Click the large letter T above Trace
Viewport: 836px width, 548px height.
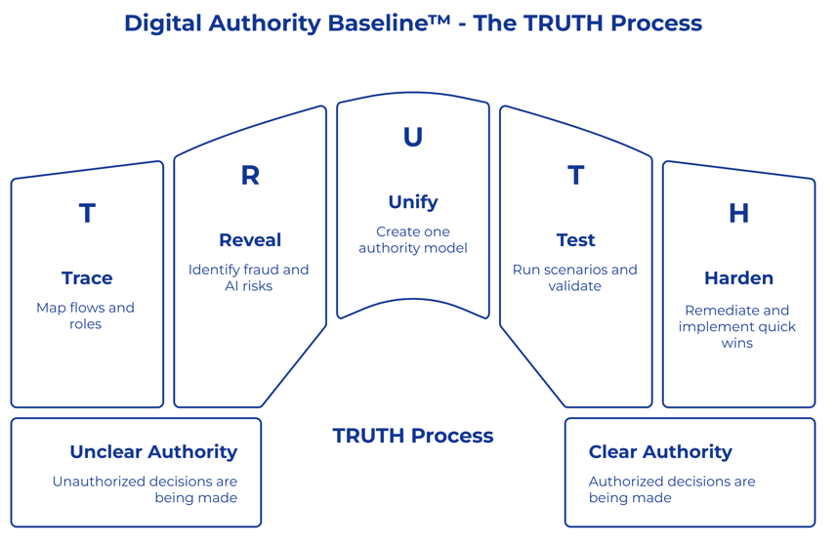pos(87,213)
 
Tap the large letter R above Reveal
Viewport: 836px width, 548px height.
pos(250,175)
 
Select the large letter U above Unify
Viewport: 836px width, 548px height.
pos(413,138)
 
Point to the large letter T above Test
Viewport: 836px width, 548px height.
pos(575,175)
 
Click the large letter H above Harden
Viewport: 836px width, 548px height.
pos(738,213)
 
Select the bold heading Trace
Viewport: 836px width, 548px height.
pos(87,278)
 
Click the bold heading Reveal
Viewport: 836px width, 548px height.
pos(250,240)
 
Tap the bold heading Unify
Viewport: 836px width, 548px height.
pos(413,202)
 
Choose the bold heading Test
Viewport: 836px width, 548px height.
pos(575,240)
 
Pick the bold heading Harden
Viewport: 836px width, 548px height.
pos(738,278)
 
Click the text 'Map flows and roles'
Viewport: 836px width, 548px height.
pos(86,316)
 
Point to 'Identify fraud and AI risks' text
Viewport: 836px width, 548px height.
pos(249,277)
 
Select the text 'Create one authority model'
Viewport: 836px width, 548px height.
pos(413,240)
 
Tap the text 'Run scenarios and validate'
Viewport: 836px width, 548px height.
pos(575,277)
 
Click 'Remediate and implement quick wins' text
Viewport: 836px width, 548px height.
pos(737,326)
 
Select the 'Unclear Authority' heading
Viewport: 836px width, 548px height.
pos(153,452)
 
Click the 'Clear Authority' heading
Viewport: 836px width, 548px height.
pos(660,452)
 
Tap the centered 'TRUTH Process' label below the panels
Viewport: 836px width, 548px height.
pos(413,436)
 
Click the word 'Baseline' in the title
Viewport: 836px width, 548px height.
pos(372,23)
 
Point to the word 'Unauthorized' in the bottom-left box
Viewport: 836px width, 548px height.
pos(98,482)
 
